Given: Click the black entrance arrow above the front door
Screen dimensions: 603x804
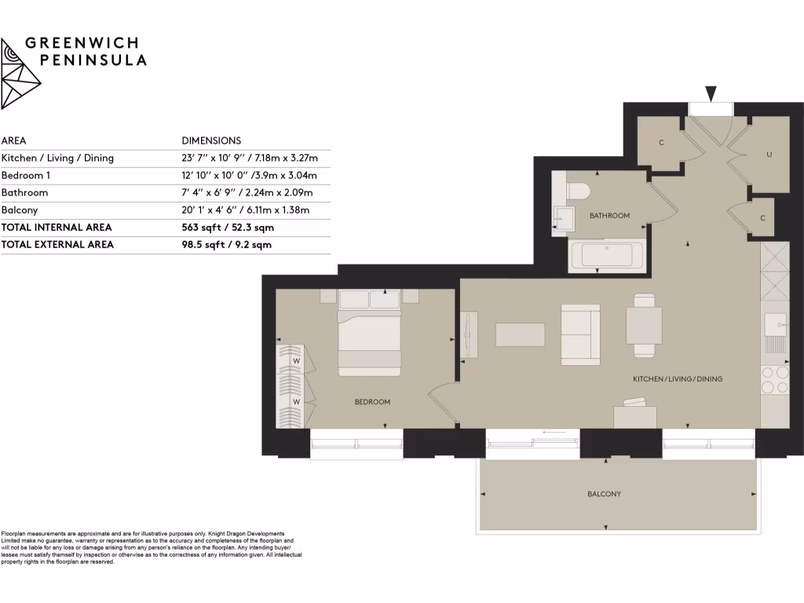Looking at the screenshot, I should [711, 94].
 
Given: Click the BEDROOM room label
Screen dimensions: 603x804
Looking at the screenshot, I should [372, 402].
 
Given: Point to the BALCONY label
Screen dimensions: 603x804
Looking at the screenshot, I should [604, 494].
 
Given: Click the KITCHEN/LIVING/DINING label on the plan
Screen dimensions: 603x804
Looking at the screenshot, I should [678, 379].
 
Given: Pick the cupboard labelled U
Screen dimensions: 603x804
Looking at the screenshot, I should [769, 155].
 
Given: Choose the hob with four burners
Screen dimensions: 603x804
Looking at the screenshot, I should [775, 380].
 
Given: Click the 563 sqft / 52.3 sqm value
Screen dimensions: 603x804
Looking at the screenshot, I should [227, 227].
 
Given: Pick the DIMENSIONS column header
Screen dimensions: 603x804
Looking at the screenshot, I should [211, 141].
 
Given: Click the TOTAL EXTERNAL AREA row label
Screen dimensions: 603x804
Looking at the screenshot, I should [57, 244].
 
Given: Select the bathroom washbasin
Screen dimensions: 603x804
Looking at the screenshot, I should [564, 219].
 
